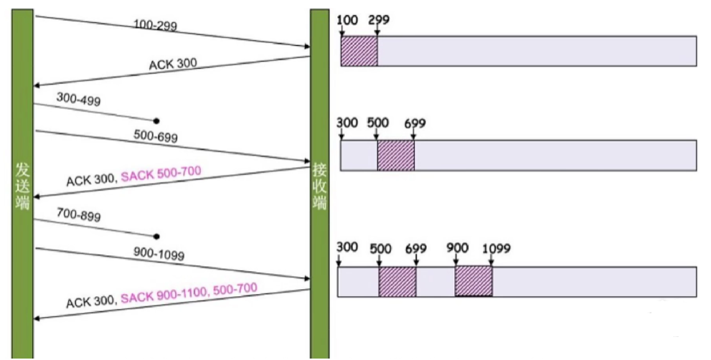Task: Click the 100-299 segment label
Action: coord(155,26)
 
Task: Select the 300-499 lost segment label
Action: coord(79,100)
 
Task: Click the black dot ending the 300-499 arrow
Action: coord(156,120)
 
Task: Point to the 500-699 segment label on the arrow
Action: coord(155,136)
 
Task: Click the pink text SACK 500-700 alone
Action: coord(161,173)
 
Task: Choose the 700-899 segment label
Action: coord(79,214)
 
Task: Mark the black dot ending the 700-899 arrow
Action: coord(156,236)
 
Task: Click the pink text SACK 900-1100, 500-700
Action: coord(189,293)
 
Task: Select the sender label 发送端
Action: coord(22,186)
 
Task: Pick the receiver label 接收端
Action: coord(319,186)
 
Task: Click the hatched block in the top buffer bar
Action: coord(359,50)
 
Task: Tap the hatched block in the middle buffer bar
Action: coord(396,155)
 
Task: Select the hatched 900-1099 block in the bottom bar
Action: coord(474,281)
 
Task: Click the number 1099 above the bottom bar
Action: coord(496,248)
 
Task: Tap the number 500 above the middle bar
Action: coord(378,123)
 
